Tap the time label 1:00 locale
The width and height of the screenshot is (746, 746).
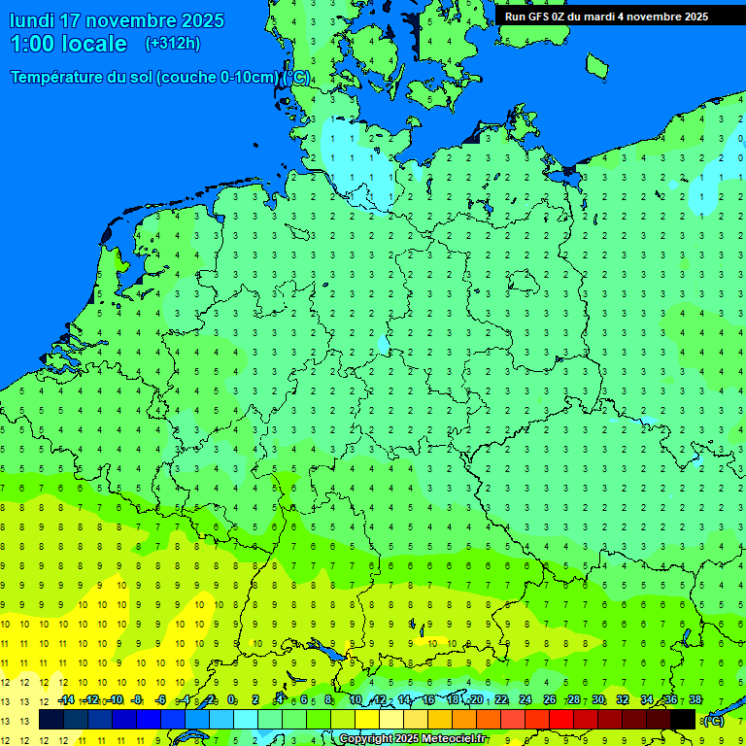68,44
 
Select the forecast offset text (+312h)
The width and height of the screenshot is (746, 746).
172,44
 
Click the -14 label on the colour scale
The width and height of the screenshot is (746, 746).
66,699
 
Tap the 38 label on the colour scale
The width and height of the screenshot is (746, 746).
695,699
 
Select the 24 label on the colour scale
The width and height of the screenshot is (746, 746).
526,699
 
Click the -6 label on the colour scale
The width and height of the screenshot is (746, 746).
161,699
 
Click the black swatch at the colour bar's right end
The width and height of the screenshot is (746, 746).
683,720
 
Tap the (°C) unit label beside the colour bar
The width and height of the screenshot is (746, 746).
713,720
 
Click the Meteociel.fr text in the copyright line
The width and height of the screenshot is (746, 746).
454,739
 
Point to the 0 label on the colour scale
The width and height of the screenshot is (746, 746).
231,699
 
